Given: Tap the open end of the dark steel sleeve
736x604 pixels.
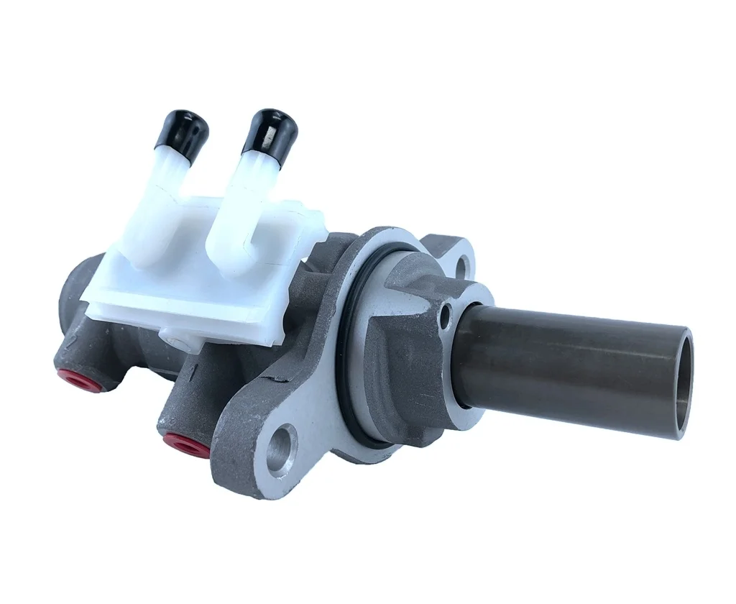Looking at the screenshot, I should coord(684,385).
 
